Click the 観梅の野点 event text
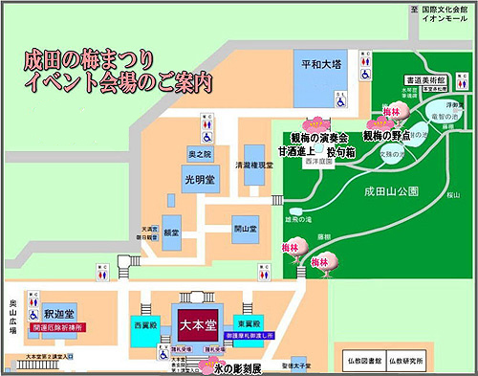click(x=386, y=137)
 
